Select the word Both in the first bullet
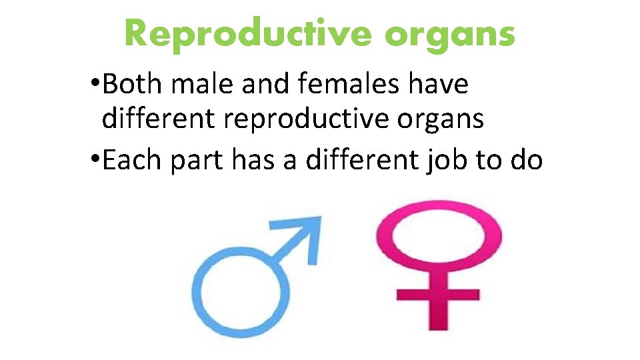pyautogui.click(x=133, y=85)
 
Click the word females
pyautogui.click(x=346, y=85)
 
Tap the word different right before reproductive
pyautogui.click(x=159, y=119)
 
